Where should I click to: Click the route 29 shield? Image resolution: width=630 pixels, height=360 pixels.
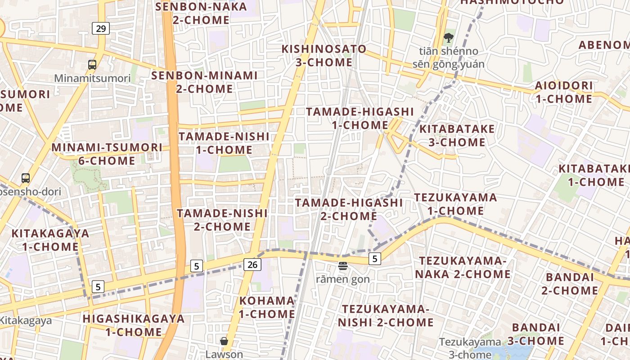[x=101, y=29]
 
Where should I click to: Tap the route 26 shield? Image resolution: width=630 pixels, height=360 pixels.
[x=252, y=265]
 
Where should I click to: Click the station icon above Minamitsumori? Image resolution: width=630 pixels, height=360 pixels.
[x=92, y=65]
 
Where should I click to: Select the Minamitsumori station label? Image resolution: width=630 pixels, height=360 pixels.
[x=92, y=78]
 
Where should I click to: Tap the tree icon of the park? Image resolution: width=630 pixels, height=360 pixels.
[x=448, y=38]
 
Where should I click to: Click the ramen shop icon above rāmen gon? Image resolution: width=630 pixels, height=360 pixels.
[x=343, y=266]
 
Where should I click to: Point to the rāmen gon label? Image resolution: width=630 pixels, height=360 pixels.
[x=343, y=279]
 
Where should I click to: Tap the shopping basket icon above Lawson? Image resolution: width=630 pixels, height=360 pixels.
[x=224, y=342]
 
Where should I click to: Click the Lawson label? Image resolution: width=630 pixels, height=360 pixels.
[x=224, y=354]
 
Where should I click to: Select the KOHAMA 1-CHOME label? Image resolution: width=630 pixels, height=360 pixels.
[x=267, y=307]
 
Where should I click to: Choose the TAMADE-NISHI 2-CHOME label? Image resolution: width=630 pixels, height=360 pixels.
[x=222, y=220]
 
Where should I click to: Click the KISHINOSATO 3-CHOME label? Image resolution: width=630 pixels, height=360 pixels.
[x=324, y=55]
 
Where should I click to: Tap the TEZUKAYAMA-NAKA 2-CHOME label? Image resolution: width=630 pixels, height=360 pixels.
[x=463, y=267]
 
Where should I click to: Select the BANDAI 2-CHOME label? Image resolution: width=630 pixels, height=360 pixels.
[x=570, y=283]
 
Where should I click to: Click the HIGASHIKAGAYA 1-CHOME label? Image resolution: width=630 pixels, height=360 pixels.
[x=134, y=325]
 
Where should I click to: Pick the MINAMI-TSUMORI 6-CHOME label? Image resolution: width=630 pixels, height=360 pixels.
[x=107, y=154]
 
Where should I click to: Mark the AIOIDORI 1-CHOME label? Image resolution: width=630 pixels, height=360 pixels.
[x=563, y=92]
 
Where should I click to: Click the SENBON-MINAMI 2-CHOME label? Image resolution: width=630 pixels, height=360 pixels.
[x=204, y=82]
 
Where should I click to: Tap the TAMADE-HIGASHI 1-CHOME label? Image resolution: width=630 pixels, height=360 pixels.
[x=360, y=118]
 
